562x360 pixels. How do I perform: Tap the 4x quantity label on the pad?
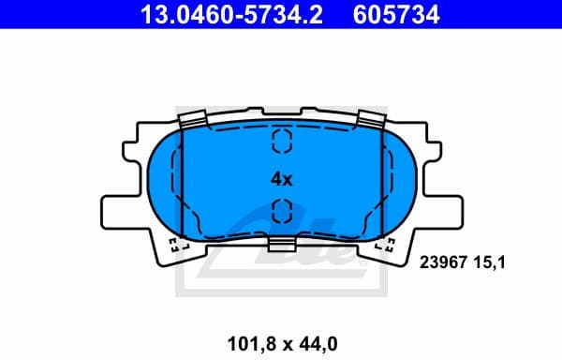click(282, 177)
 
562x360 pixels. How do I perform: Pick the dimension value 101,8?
click(249, 330)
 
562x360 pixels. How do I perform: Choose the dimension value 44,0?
click(317, 330)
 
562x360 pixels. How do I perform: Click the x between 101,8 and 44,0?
click(283, 331)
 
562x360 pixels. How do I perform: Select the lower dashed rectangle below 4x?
click(282, 213)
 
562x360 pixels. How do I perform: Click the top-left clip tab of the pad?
click(192, 119)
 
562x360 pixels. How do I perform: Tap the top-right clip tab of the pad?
click(372, 119)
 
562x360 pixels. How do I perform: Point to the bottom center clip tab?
click(282, 244)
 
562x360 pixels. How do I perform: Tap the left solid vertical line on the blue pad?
click(180, 183)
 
